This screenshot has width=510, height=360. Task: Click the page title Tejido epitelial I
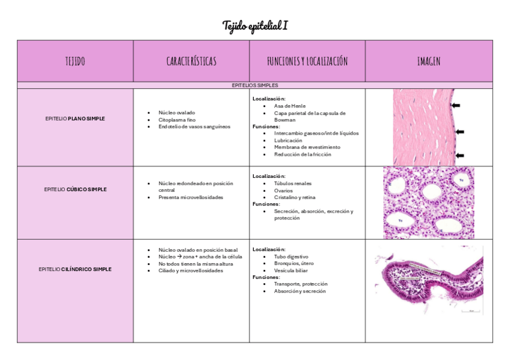click(x=254, y=26)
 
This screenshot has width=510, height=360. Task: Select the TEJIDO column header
click(x=75, y=61)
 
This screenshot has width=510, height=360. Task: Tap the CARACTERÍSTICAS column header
click(x=191, y=61)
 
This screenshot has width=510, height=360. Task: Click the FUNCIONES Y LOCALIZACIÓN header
click(x=307, y=61)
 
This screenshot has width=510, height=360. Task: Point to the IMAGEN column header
click(x=429, y=61)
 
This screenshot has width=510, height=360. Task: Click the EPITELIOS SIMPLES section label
click(x=254, y=85)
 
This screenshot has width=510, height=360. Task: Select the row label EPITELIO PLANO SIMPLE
click(x=75, y=119)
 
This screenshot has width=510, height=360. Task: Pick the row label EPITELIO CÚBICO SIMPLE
click(x=75, y=189)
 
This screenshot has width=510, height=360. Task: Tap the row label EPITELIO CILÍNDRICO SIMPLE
click(x=75, y=269)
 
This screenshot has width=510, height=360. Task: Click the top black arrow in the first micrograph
click(x=456, y=106)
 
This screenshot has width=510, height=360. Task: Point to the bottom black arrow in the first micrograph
click(x=459, y=156)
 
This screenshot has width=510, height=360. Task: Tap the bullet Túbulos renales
click(x=293, y=183)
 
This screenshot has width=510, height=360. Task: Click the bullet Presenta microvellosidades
click(x=191, y=197)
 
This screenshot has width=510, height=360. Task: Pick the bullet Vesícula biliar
click(x=292, y=270)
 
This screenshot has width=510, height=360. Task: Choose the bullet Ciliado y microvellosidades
click(x=191, y=270)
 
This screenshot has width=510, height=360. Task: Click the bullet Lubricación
click(x=288, y=140)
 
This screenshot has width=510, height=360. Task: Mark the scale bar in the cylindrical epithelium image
click(x=471, y=311)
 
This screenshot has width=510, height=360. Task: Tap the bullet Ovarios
click(x=284, y=191)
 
